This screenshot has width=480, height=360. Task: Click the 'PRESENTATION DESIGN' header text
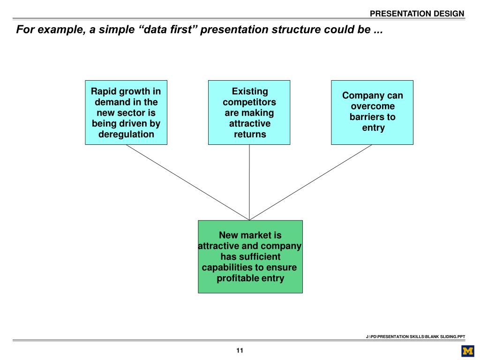point(417,14)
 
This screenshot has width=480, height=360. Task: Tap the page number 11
point(240,351)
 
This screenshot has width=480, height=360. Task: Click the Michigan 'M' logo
point(468,351)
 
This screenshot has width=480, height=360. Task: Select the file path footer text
point(415,337)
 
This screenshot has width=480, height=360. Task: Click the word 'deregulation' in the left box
point(126,135)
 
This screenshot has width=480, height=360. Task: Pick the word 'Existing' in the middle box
point(250,91)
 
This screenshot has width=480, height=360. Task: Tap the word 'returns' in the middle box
point(250,135)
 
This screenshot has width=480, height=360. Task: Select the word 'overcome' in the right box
point(373,106)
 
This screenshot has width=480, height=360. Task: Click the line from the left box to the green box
point(187,182)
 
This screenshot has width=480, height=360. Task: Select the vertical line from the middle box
point(249,182)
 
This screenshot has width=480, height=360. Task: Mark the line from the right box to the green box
point(310,182)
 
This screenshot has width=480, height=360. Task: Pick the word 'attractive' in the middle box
point(250,124)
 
